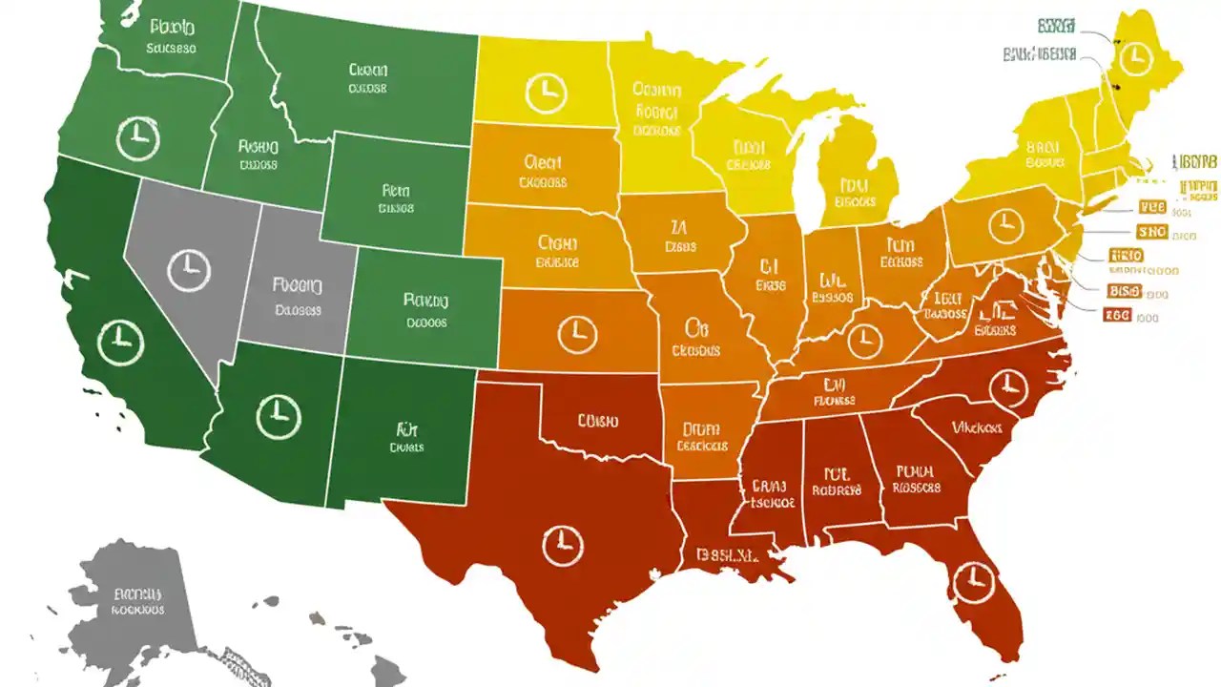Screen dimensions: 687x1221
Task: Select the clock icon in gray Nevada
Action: (188, 269)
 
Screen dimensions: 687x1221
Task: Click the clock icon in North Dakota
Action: (546, 93)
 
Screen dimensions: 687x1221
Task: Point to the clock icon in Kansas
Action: (577, 334)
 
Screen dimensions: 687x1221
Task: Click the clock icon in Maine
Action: (1133, 59)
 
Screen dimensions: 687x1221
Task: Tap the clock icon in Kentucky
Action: (864, 339)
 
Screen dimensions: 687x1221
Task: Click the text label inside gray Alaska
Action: (137, 600)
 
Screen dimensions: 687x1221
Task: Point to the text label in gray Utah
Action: (298, 296)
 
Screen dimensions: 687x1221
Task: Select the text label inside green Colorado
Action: (425, 310)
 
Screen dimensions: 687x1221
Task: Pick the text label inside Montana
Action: (367, 78)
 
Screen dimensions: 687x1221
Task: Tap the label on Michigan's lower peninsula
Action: (855, 193)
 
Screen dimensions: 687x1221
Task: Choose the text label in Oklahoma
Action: (597, 421)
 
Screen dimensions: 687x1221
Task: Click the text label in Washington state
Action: (172, 37)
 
